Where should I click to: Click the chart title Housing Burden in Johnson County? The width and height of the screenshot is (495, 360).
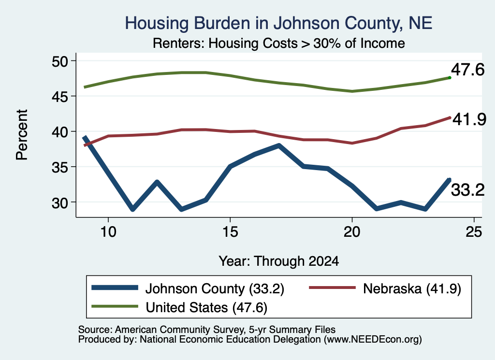coord(278,23)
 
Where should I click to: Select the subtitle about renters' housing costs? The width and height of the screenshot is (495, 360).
coord(279,43)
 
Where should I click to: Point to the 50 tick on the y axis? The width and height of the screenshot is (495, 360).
coord(60,61)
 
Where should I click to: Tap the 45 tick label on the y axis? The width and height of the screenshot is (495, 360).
coord(60,96)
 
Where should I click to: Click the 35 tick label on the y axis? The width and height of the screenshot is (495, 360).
coord(60,167)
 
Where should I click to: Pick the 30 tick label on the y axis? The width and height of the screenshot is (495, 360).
coord(60,202)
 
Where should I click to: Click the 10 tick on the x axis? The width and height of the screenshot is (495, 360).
coord(108,232)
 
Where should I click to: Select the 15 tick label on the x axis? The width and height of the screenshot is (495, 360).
coord(230,232)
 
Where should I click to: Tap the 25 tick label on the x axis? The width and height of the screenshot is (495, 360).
coord(474,232)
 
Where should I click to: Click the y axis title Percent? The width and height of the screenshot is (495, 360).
coord(22,135)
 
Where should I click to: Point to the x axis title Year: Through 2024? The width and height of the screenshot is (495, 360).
coord(279,261)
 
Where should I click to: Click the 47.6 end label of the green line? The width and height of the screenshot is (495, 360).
coord(467,70)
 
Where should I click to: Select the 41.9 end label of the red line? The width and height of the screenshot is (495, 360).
coord(469,119)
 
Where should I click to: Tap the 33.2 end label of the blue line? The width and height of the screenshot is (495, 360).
coord(467,190)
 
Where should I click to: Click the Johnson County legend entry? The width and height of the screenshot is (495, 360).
coord(188,288)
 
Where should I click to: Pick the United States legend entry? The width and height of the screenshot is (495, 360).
coord(179,307)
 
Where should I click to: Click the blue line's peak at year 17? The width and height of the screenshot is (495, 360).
coord(279,145)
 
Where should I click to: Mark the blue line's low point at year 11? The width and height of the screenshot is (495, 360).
coord(132,209)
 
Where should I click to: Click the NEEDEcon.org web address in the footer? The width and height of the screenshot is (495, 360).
coord(372,340)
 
